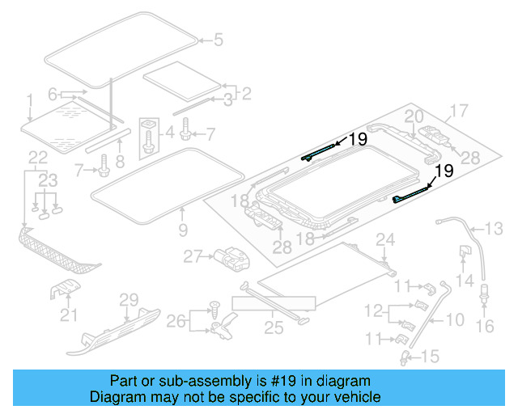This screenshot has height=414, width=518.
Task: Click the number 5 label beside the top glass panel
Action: coord(216,38)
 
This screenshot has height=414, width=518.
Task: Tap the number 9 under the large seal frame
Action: coord(183,230)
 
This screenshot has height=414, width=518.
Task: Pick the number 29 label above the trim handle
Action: coord(129,300)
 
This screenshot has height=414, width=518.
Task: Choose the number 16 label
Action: coord(485,326)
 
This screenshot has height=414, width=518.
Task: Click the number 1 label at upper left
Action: coord(30,100)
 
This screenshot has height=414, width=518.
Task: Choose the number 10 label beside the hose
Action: coord(456,319)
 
